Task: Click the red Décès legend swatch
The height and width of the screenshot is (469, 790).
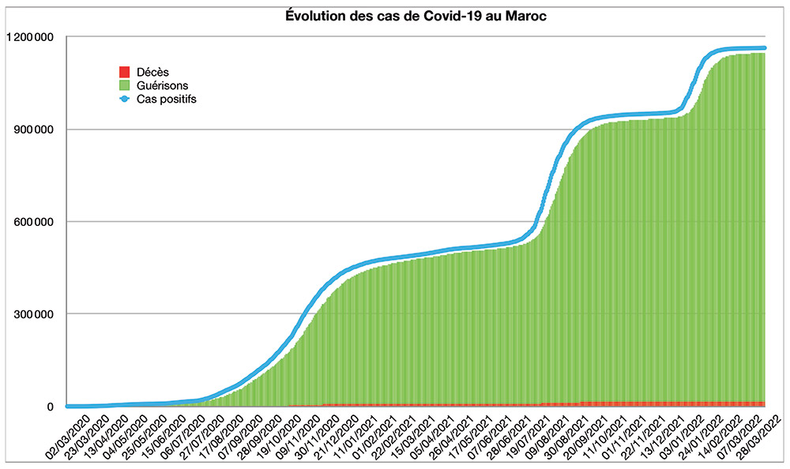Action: click(123, 72)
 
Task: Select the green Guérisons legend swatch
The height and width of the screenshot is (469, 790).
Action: click(123, 85)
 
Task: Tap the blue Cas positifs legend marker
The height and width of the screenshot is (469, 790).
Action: click(123, 99)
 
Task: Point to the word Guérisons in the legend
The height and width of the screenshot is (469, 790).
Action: click(163, 85)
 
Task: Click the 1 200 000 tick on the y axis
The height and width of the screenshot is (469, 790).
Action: click(28, 37)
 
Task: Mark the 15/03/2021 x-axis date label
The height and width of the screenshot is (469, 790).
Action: click(415, 434)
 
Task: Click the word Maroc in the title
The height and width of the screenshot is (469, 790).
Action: click(527, 17)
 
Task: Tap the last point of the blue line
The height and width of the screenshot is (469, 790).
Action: click(763, 48)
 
